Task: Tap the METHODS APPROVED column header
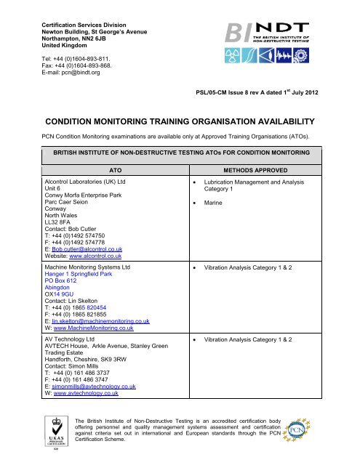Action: pyautogui.click(x=274, y=167)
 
